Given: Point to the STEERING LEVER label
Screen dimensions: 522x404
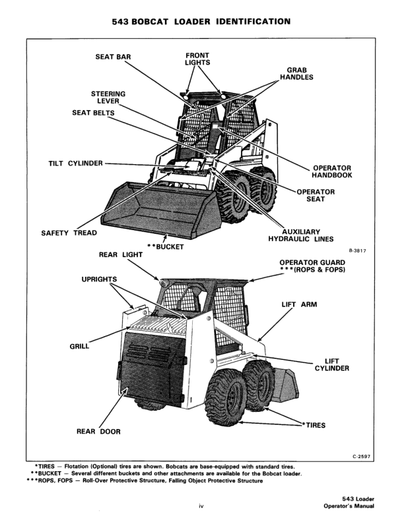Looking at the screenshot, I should [108, 97].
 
